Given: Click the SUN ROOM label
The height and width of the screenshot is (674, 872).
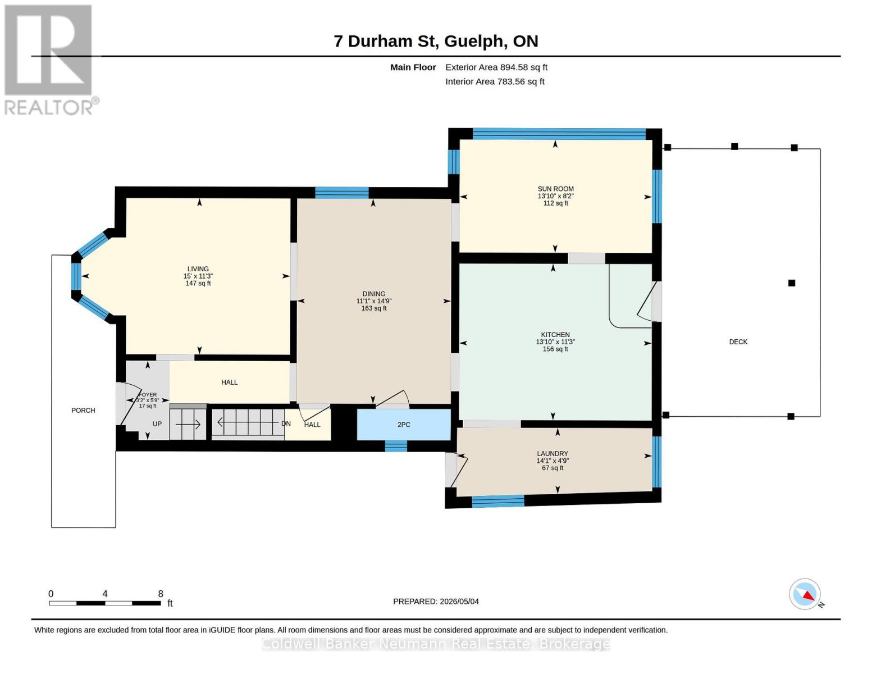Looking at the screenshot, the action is click(555, 189).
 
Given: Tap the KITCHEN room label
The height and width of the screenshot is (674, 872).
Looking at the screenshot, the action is click(555, 334).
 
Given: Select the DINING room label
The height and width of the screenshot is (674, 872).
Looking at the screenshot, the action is click(373, 294).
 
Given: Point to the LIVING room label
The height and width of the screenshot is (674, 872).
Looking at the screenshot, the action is click(198, 269).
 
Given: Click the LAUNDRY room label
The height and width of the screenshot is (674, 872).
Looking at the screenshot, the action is click(553, 453).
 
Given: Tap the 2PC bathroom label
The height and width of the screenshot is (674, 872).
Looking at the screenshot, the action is click(404, 424).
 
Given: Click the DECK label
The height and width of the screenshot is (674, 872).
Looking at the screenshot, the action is click(738, 341).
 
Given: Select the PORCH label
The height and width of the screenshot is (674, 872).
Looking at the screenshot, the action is click(83, 410).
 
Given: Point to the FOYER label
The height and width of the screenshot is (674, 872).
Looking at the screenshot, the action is click(148, 395).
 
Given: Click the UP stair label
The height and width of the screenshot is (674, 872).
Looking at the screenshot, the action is click(157, 424).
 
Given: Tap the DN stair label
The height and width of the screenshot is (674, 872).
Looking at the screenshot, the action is click(286, 423).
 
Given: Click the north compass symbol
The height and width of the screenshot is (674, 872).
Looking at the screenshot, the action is click(805, 594).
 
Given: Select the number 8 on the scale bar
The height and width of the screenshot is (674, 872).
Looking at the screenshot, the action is click(161, 594).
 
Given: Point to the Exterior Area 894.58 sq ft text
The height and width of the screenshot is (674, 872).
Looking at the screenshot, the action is click(496, 67).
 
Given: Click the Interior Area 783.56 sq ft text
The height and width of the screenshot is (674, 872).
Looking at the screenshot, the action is click(495, 81).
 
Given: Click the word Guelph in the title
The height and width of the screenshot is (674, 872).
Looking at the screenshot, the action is click(474, 42).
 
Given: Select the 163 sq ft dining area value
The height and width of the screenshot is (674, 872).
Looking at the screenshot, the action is click(373, 308).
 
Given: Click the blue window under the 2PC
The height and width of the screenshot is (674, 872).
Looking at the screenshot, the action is click(396, 446).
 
